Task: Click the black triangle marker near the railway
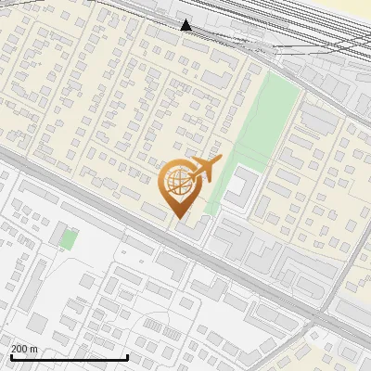click(x=186, y=25)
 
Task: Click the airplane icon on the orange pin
click(x=205, y=170)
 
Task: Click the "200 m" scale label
click(x=24, y=349)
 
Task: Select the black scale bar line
click(x=69, y=357)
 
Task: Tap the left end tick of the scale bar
click(x=11, y=355)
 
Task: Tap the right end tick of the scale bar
click(x=127, y=355)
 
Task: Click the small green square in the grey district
click(x=69, y=239)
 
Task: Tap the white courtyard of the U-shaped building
click(x=237, y=186)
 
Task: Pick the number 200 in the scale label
click(x=19, y=349)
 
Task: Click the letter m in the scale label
click(x=33, y=349)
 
